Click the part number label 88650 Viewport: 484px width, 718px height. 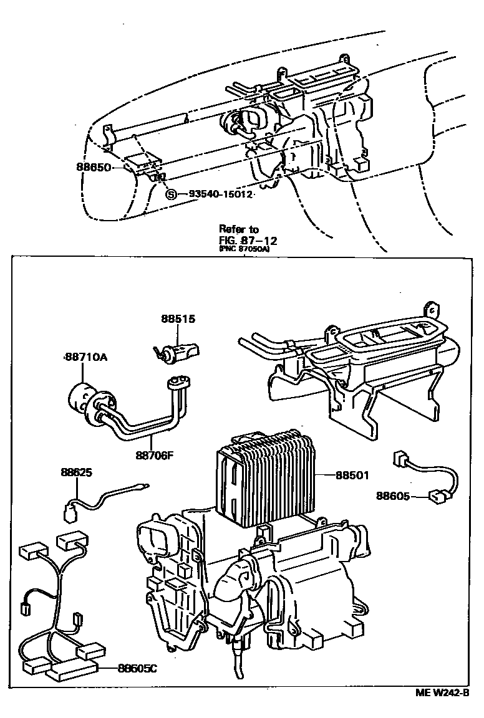[94, 168]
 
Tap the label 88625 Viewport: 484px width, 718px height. [76, 473]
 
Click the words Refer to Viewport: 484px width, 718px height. [238, 229]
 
